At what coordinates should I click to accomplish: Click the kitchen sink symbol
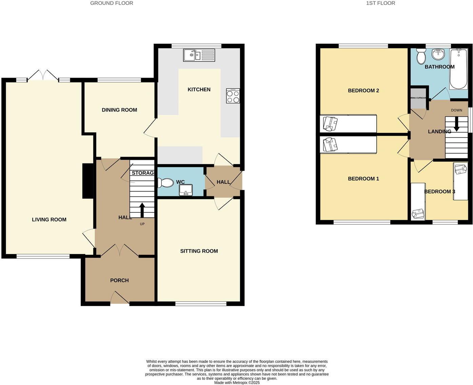[199, 55]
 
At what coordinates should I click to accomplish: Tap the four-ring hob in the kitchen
[233, 96]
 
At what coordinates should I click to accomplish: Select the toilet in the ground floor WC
[165, 183]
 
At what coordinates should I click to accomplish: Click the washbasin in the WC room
[185, 190]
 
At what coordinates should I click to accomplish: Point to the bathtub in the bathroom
[459, 69]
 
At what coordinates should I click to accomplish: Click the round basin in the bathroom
[438, 54]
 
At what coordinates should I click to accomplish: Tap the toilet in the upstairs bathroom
[421, 56]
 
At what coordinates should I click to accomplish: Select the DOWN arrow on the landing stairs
[456, 124]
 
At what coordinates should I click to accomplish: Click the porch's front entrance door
[120, 299]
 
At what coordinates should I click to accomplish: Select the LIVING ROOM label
[49, 220]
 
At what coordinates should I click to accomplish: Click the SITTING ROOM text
[199, 251]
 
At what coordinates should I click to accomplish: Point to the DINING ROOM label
[119, 110]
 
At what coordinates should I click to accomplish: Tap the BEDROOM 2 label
[363, 91]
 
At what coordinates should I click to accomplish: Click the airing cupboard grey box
[418, 98]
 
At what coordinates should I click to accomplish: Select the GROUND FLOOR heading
[112, 3]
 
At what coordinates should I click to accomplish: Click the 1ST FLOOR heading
[380, 3]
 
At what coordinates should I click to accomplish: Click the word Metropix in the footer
[242, 383]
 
